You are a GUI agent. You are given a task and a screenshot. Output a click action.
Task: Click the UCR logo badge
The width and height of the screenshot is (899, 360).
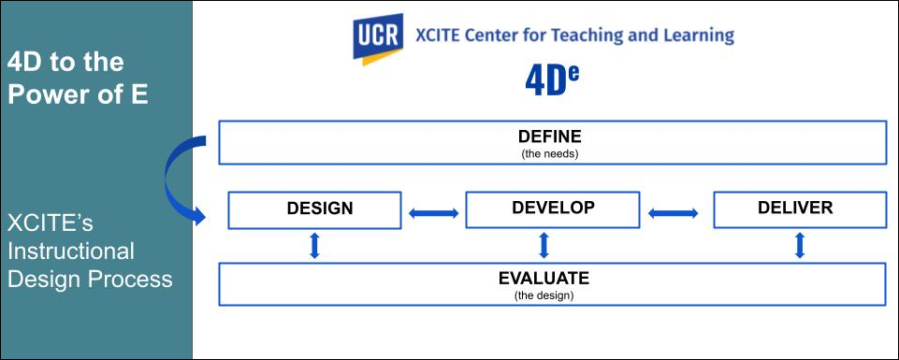pos(378,39)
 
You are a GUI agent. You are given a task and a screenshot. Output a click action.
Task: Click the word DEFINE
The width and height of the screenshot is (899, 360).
pos(550,137)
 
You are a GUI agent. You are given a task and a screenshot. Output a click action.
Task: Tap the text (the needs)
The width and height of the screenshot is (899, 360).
pos(550,153)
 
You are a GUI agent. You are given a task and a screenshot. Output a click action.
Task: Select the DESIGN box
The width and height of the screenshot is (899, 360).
pos(314,210)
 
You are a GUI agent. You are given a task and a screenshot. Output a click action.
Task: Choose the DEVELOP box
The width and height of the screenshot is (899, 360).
pos(552,209)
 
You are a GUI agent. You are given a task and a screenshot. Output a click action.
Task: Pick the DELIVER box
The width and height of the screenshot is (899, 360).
pos(799,209)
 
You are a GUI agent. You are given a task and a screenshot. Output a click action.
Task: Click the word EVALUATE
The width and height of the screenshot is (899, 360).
pos(544,279)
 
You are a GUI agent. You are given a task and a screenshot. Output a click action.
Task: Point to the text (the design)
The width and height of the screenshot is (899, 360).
pos(544,295)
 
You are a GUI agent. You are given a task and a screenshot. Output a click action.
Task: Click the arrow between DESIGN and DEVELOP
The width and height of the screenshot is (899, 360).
pos(433,213)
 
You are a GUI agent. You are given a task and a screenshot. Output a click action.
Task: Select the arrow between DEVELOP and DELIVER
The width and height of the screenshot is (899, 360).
pos(674,213)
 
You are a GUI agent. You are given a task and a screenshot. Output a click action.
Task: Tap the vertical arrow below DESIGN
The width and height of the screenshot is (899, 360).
pos(314,245)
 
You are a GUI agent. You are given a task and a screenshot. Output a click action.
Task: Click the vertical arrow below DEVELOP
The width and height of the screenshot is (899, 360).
pos(544,245)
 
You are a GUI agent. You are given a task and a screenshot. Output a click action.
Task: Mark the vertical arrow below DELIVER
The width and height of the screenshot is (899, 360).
pos(801,245)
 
